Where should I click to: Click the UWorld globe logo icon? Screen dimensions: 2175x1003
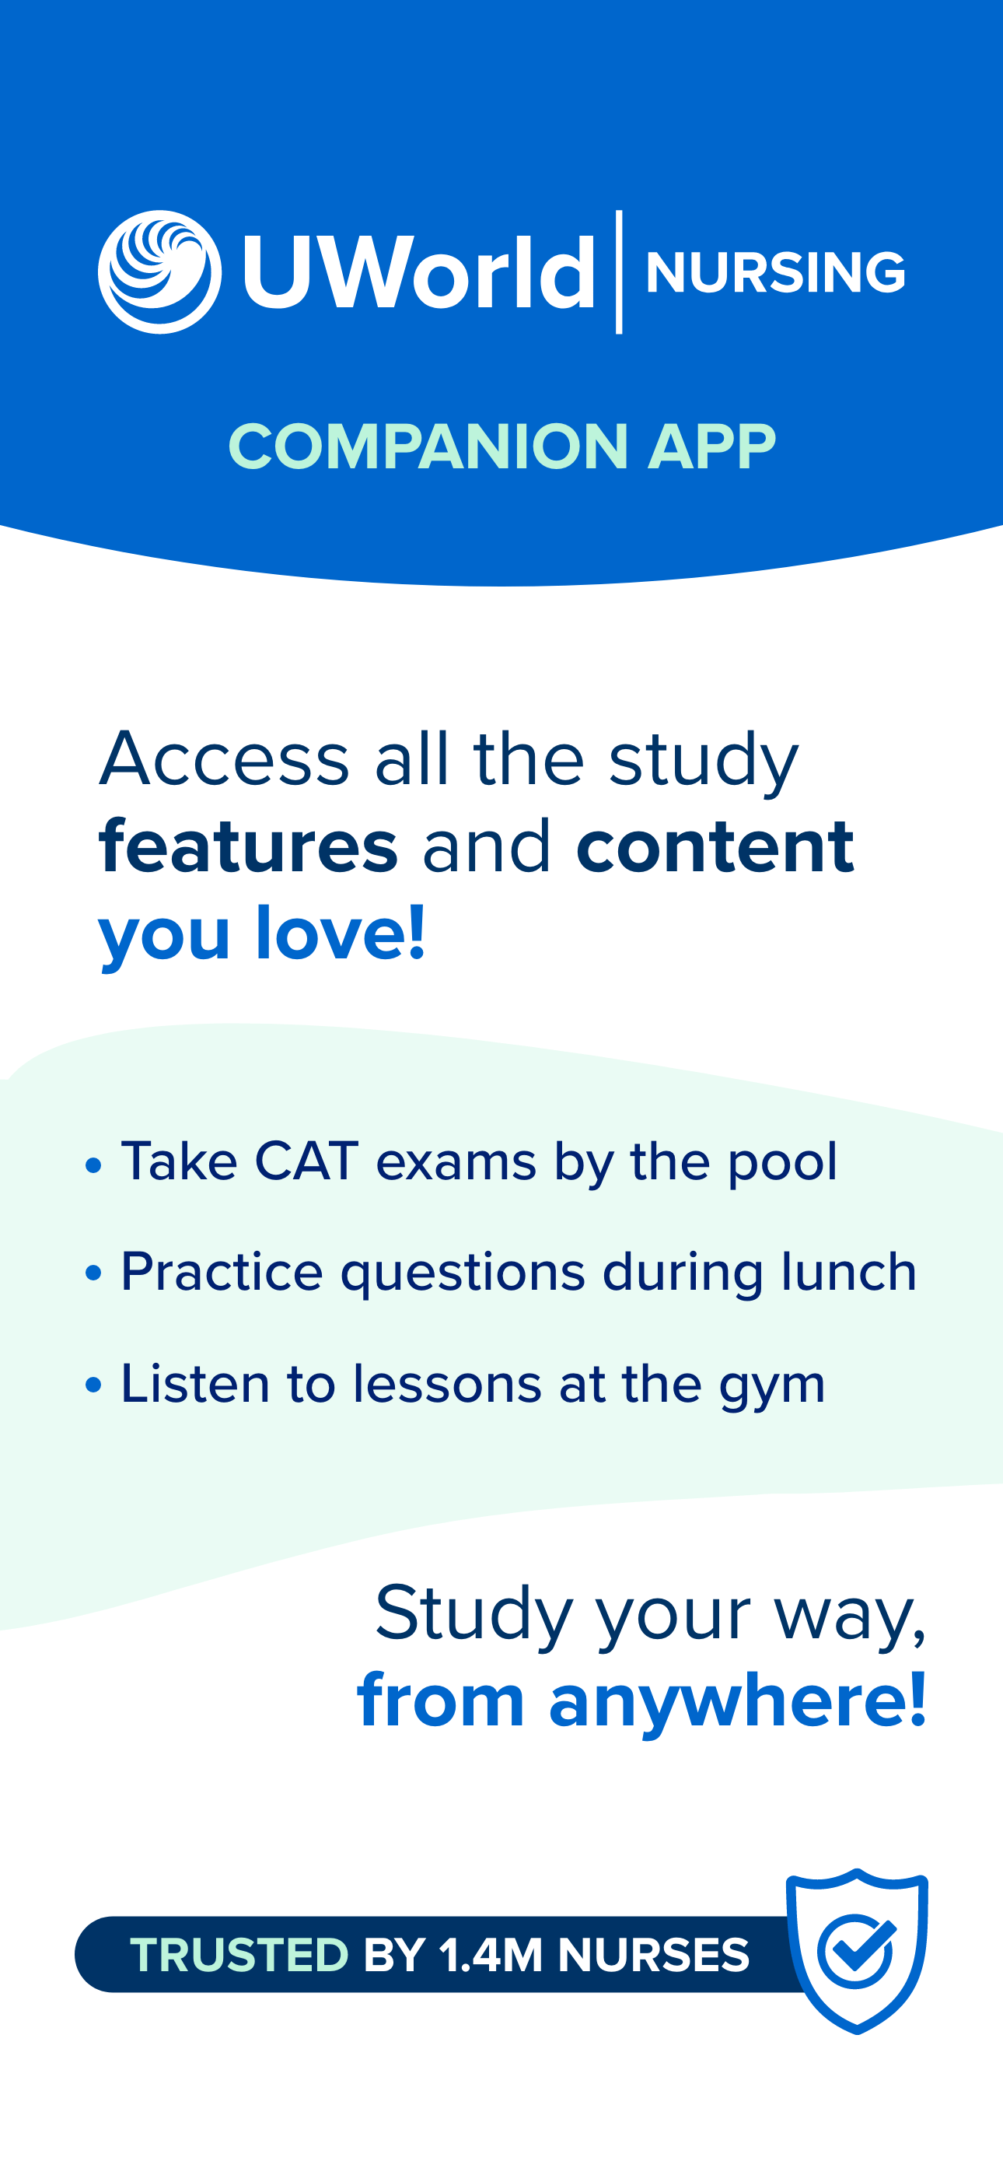pos(159,272)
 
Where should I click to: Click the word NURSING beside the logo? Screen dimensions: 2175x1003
pos(775,273)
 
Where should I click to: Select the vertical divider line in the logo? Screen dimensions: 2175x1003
pos(620,272)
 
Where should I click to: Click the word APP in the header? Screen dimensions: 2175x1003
pos(711,447)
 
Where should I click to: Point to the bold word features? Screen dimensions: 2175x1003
pos(248,846)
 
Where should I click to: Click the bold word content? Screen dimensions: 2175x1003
pos(715,846)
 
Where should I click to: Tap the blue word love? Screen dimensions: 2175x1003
pos(341,933)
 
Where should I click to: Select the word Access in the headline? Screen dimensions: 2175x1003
pos(225,758)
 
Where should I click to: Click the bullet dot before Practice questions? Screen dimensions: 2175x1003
pos(94,1273)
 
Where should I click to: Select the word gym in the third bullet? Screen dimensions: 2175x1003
pos(771,1385)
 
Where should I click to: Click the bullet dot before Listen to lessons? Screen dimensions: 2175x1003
pos(94,1385)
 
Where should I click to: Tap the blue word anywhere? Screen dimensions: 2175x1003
pos(738,1700)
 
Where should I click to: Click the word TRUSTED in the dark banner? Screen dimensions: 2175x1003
pos(239,1955)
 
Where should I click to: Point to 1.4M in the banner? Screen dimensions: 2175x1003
pos(490,1955)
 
